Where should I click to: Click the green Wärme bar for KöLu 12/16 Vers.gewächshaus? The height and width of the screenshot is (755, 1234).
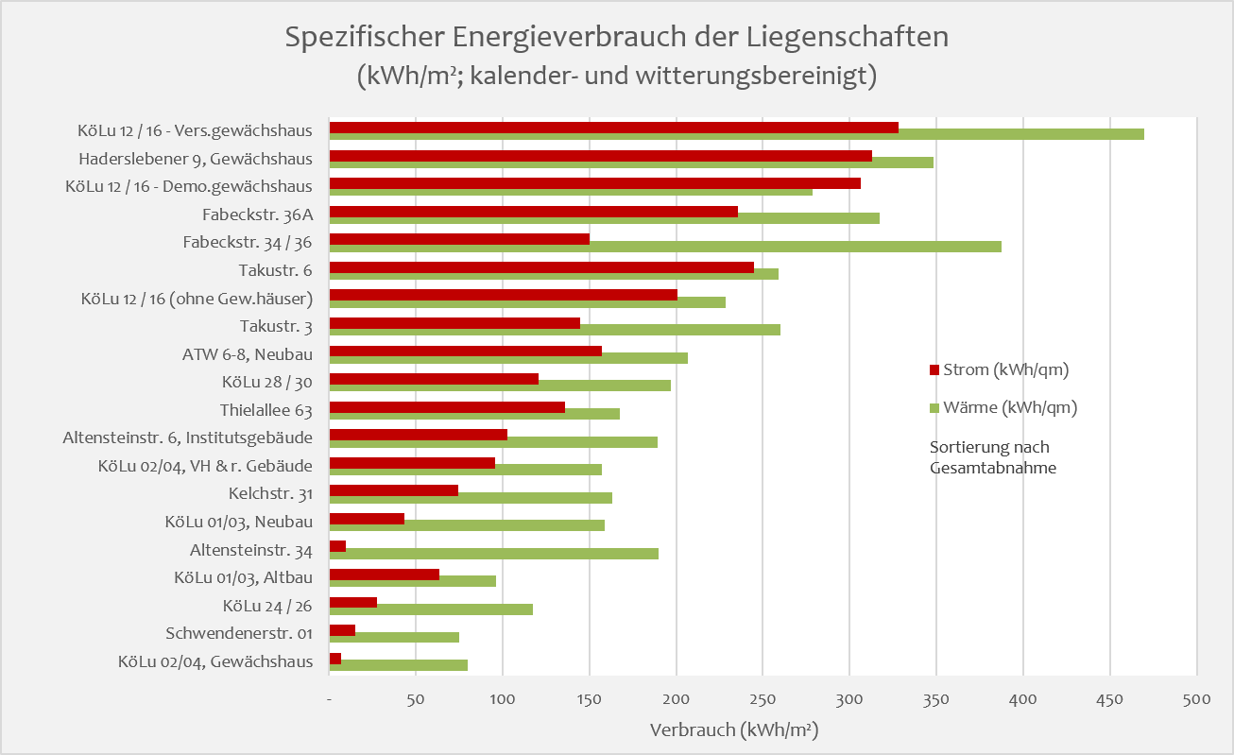[737, 134]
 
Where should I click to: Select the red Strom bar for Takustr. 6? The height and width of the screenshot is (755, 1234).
[540, 267]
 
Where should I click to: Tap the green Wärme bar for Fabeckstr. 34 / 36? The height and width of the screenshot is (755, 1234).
[665, 247]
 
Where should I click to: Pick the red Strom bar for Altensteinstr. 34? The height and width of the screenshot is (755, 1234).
[337, 546]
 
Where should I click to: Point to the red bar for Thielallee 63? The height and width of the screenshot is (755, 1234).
[446, 407]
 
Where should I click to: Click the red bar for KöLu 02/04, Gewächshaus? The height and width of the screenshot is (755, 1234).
[334, 658]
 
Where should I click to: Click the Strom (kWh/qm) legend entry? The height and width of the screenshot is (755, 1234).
[1000, 370]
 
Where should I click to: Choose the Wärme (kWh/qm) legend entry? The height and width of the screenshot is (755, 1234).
[1003, 408]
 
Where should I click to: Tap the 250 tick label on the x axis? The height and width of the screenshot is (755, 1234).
[763, 700]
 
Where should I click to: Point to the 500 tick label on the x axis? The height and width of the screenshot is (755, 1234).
[1196, 700]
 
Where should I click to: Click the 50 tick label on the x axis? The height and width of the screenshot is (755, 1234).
[415, 700]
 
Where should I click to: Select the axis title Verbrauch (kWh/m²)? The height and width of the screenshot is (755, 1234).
[733, 730]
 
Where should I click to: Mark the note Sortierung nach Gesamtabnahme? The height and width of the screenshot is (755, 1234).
[992, 457]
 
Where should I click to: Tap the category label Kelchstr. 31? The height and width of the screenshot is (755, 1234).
[270, 493]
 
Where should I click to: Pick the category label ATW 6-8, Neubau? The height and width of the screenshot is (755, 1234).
[248, 354]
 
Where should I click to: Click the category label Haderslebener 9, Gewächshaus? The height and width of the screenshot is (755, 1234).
[196, 159]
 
